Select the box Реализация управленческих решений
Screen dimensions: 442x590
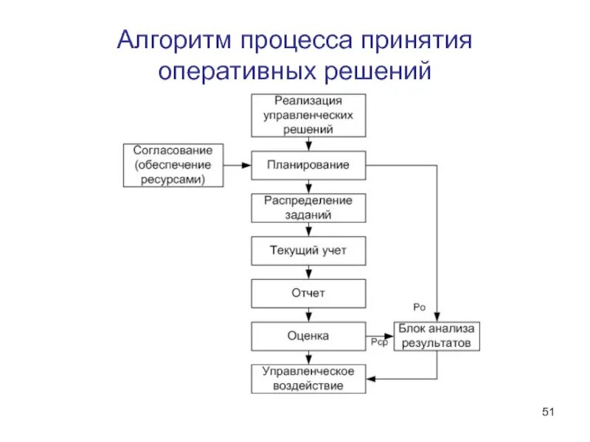click(x=308, y=115)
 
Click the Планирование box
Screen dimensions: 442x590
click(x=308, y=165)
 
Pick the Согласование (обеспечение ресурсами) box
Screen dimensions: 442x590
click(x=173, y=165)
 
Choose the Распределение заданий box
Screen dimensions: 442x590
click(x=308, y=208)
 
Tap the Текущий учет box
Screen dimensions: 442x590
click(x=308, y=250)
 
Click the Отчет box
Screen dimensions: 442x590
click(x=308, y=293)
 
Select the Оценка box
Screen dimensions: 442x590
click(x=308, y=336)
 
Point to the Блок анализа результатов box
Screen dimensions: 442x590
click(x=437, y=336)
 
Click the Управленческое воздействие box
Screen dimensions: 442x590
click(x=308, y=378)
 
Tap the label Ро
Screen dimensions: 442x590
click(x=419, y=306)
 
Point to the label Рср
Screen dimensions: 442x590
click(x=379, y=343)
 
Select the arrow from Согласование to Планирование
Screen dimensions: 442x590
click(x=237, y=165)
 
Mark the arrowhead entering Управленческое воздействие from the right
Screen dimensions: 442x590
click(x=371, y=379)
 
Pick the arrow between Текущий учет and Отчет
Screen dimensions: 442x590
click(x=308, y=272)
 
